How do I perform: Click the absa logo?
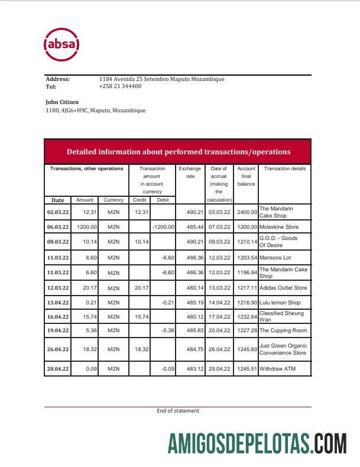(x=61, y=44)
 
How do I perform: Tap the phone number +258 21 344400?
(x=120, y=86)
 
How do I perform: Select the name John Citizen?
(x=62, y=102)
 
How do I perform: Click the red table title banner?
(x=178, y=152)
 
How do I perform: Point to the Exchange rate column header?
(x=190, y=172)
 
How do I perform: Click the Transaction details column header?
(x=284, y=169)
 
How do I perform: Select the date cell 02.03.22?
(x=58, y=212)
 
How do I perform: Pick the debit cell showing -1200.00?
(x=163, y=227)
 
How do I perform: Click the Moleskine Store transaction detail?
(x=278, y=227)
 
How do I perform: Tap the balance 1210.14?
(x=246, y=242)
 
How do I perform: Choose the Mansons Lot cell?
(x=275, y=258)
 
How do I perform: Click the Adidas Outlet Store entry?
(x=283, y=288)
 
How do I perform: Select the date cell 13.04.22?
(x=58, y=303)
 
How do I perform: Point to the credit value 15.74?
(x=140, y=317)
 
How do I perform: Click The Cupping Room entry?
(x=283, y=330)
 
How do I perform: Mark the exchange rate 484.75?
(x=190, y=349)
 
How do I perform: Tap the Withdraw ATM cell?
(x=277, y=369)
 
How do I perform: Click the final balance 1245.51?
(x=246, y=369)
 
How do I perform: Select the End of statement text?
(x=178, y=411)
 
